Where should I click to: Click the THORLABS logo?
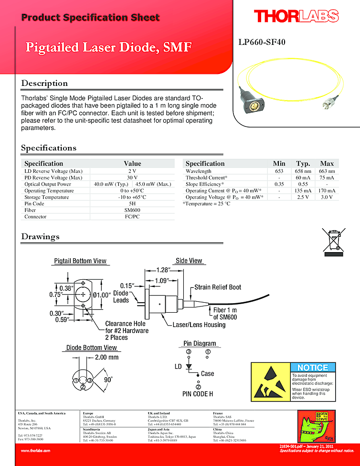click(x=296, y=16)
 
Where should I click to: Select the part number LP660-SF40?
click(x=262, y=42)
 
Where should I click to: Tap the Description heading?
click(x=44, y=83)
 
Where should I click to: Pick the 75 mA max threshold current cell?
click(x=327, y=178)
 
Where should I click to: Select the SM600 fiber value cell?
click(x=132, y=210)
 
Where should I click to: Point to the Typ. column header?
click(x=303, y=163)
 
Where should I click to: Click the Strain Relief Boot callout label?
click(x=217, y=287)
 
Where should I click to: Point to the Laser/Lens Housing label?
click(x=199, y=325)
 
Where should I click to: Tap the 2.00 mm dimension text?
click(x=106, y=357)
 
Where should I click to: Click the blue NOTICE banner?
click(x=313, y=368)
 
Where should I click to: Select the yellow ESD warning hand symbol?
click(x=270, y=381)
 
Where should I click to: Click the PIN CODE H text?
click(x=198, y=394)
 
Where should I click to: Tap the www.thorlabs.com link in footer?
click(x=35, y=450)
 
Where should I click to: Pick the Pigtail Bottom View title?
click(x=80, y=261)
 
